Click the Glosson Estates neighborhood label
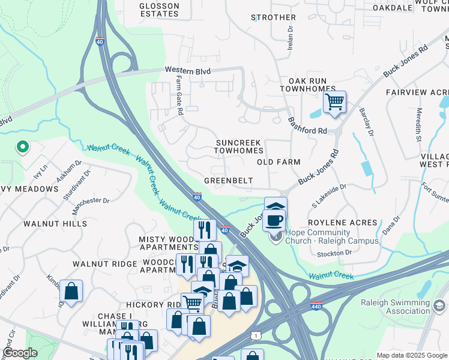[x=159, y=10]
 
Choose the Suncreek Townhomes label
[x=240, y=147]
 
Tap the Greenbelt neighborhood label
[x=228, y=180]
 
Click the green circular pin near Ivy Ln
[x=22, y=146]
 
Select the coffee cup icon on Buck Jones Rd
[x=274, y=220]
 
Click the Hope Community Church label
[x=331, y=237]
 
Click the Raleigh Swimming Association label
[x=395, y=307]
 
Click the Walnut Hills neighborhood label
[x=55, y=224]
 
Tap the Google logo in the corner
[x=20, y=353]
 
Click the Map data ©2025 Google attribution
[x=411, y=355]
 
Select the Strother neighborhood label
[x=273, y=17]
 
